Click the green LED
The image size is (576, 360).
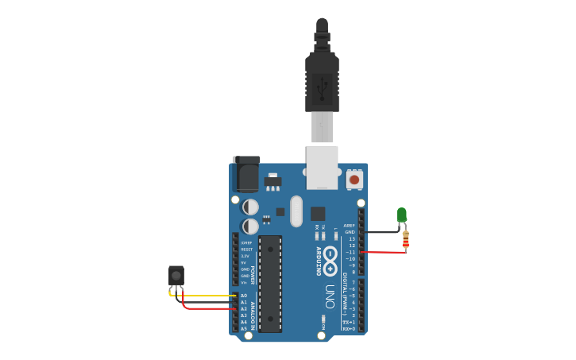click(401, 215)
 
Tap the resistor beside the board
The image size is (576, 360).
click(405, 238)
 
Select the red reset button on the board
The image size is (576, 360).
click(354, 180)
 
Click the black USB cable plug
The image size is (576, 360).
click(322, 79)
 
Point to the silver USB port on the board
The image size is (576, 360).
click(322, 166)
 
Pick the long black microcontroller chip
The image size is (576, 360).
click(270, 283)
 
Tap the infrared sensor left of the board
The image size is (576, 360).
click(176, 276)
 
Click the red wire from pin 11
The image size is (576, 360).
click(385, 252)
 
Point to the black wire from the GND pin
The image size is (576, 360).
click(381, 232)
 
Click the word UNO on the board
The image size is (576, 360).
click(329, 296)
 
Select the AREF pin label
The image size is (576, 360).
click(350, 226)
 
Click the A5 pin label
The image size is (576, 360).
click(243, 328)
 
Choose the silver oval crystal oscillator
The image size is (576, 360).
click(296, 211)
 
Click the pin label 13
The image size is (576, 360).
click(352, 238)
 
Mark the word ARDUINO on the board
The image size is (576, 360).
click(319, 261)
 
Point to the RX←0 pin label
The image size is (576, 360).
click(349, 328)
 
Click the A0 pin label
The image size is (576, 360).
click(243, 296)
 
